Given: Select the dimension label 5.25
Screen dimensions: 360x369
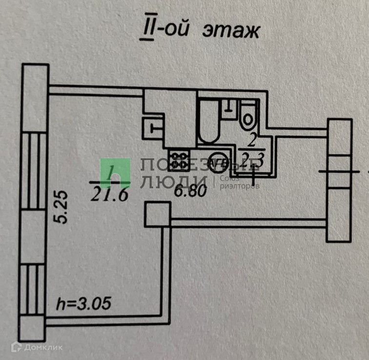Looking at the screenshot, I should [x=62, y=208].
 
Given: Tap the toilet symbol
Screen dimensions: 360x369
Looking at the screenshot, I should [x=247, y=114].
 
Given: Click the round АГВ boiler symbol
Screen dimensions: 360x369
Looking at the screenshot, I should [x=216, y=162].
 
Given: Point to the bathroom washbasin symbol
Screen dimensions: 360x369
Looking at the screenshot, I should [x=228, y=106].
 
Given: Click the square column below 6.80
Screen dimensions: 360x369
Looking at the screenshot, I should [x=157, y=214].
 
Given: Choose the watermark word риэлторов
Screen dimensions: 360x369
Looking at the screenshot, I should [x=240, y=187].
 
